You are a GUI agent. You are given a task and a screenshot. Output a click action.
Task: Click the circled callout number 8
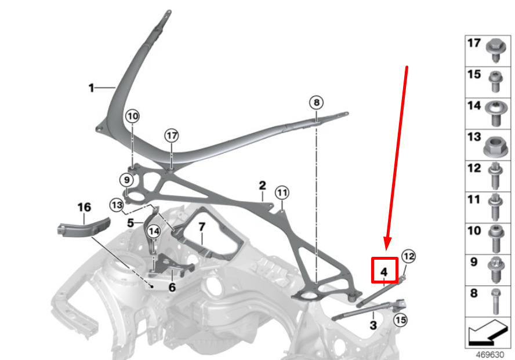pos(316,103)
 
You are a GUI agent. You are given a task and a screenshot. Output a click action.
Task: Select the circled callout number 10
pos(132,116)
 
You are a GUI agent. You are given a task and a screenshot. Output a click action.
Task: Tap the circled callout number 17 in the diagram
pos(172,135)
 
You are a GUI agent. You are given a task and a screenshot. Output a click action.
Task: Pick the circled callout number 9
pos(126,180)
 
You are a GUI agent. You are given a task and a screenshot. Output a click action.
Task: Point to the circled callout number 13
pos(117,205)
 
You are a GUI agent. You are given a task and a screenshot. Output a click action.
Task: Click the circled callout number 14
pos(154,231)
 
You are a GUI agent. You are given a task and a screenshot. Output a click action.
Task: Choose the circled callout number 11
pos(282,192)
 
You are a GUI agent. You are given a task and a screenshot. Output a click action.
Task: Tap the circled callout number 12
pos(409,256)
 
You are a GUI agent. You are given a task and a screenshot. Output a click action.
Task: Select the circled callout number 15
pos(400,319)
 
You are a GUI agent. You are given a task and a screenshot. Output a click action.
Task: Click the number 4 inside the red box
pos(384,272)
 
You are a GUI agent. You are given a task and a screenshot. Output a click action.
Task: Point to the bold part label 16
pos(84,208)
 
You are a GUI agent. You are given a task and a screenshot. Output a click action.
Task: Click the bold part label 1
pos(91,88)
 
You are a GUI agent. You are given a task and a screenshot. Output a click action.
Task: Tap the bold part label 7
pos(202,227)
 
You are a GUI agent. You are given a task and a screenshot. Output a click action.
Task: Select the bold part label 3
pos(373,325)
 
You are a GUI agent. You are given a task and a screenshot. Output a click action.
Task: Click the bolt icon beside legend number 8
pos(496,301)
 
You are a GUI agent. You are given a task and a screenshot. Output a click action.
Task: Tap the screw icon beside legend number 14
pos(496,114)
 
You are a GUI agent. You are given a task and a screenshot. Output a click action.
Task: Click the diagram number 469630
pos(489,355)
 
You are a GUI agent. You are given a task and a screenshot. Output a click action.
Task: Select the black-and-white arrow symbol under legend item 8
pos(488,332)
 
